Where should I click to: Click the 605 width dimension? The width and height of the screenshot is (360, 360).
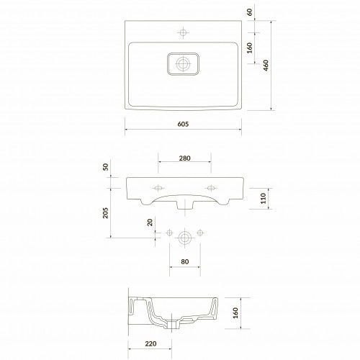click(183, 124)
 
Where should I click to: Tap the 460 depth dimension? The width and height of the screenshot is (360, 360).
click(266, 66)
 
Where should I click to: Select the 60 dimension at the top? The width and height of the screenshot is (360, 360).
click(250, 12)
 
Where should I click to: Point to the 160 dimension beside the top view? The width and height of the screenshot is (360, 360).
click(250, 48)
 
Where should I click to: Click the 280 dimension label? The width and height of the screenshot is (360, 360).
click(184, 158)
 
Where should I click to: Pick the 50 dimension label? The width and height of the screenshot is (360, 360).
click(105, 167)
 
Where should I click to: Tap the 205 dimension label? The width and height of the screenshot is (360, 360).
click(105, 213)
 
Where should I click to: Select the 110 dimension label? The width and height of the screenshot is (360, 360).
click(264, 198)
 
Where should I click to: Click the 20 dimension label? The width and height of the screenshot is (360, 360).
click(150, 222)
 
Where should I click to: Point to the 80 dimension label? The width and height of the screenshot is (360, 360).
click(185, 261)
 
